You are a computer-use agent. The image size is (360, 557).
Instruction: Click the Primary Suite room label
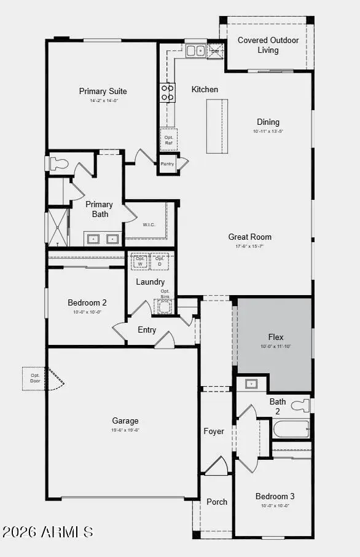(x=103, y=92)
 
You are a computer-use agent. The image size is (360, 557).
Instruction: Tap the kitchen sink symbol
(x=196, y=51)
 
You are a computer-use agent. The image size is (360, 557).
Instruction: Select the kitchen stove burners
(x=167, y=92)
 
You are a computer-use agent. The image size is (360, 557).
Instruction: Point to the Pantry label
(x=167, y=164)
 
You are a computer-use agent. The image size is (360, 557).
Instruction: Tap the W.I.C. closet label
(x=149, y=224)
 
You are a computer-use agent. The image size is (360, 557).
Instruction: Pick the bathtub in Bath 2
(x=291, y=429)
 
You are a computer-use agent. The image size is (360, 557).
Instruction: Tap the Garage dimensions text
(x=125, y=430)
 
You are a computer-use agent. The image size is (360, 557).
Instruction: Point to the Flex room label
(x=276, y=338)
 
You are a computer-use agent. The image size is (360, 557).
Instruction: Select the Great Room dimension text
(x=249, y=246)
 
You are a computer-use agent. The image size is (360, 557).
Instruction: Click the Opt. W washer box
(x=140, y=261)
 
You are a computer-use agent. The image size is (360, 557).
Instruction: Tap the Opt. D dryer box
(x=160, y=261)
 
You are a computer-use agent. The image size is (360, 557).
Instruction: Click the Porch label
(x=216, y=502)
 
